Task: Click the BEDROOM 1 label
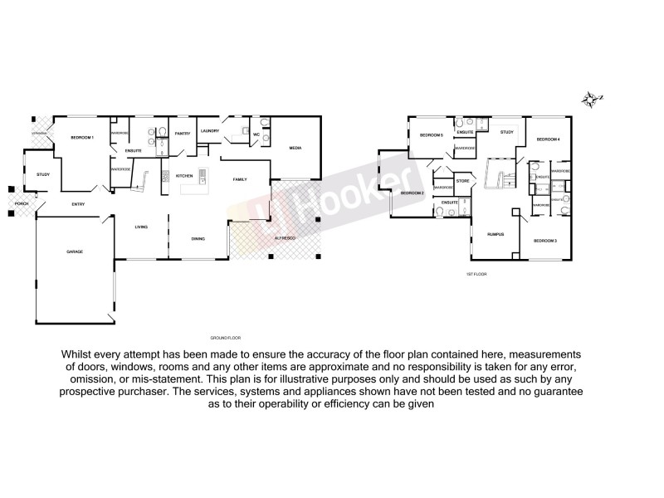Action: tap(82, 137)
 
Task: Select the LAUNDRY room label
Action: tap(209, 131)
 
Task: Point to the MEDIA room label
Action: tap(295, 149)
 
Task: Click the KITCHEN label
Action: tap(184, 175)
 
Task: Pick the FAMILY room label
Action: tap(240, 179)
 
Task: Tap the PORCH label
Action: tap(22, 204)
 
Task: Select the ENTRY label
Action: tap(78, 204)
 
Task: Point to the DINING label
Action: tap(198, 239)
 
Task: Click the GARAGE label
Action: tap(75, 251)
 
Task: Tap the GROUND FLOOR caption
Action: tap(225, 339)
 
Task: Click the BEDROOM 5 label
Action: tap(431, 135)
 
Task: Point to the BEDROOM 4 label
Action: tap(548, 139)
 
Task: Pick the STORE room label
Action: tap(463, 180)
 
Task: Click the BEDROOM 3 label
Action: tap(544, 241)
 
